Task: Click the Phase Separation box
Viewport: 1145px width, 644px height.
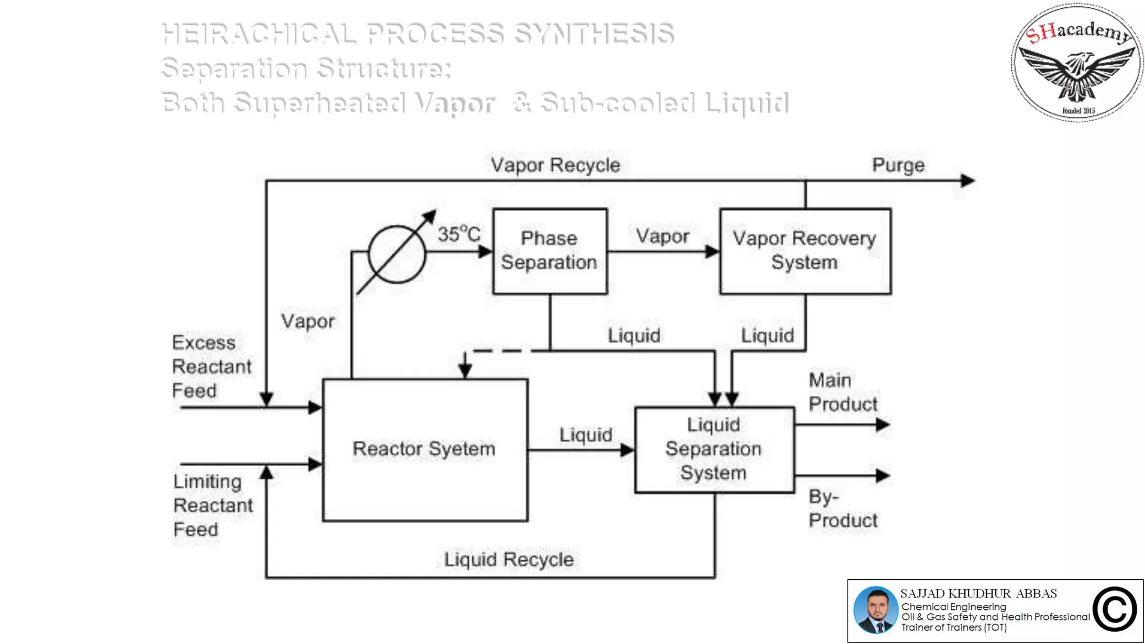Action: coord(550,251)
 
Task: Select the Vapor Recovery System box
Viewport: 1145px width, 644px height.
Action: coord(805,251)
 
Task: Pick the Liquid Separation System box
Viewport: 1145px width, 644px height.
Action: coord(714,449)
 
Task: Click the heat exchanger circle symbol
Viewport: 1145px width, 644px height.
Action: coord(397,254)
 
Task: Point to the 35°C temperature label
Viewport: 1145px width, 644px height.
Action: coord(458,234)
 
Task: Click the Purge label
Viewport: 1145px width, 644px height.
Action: coord(898,165)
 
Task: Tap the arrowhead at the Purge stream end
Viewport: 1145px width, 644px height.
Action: coord(968,181)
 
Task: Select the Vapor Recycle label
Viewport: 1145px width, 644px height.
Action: coord(555,165)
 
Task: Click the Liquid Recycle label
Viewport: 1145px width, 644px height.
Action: coord(509,559)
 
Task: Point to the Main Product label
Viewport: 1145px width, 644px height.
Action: coord(843,392)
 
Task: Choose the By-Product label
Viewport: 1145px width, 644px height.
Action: coord(843,508)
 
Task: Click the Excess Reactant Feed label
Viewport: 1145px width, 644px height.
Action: coord(211,366)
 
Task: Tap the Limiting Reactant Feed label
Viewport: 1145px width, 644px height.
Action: coord(212,505)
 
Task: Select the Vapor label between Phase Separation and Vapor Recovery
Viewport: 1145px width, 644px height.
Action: coord(663,236)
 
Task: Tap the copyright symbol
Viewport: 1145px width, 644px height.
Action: coord(1114,609)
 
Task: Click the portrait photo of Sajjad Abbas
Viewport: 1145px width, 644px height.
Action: coord(876,610)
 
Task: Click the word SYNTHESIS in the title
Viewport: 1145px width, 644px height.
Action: coord(593,34)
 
